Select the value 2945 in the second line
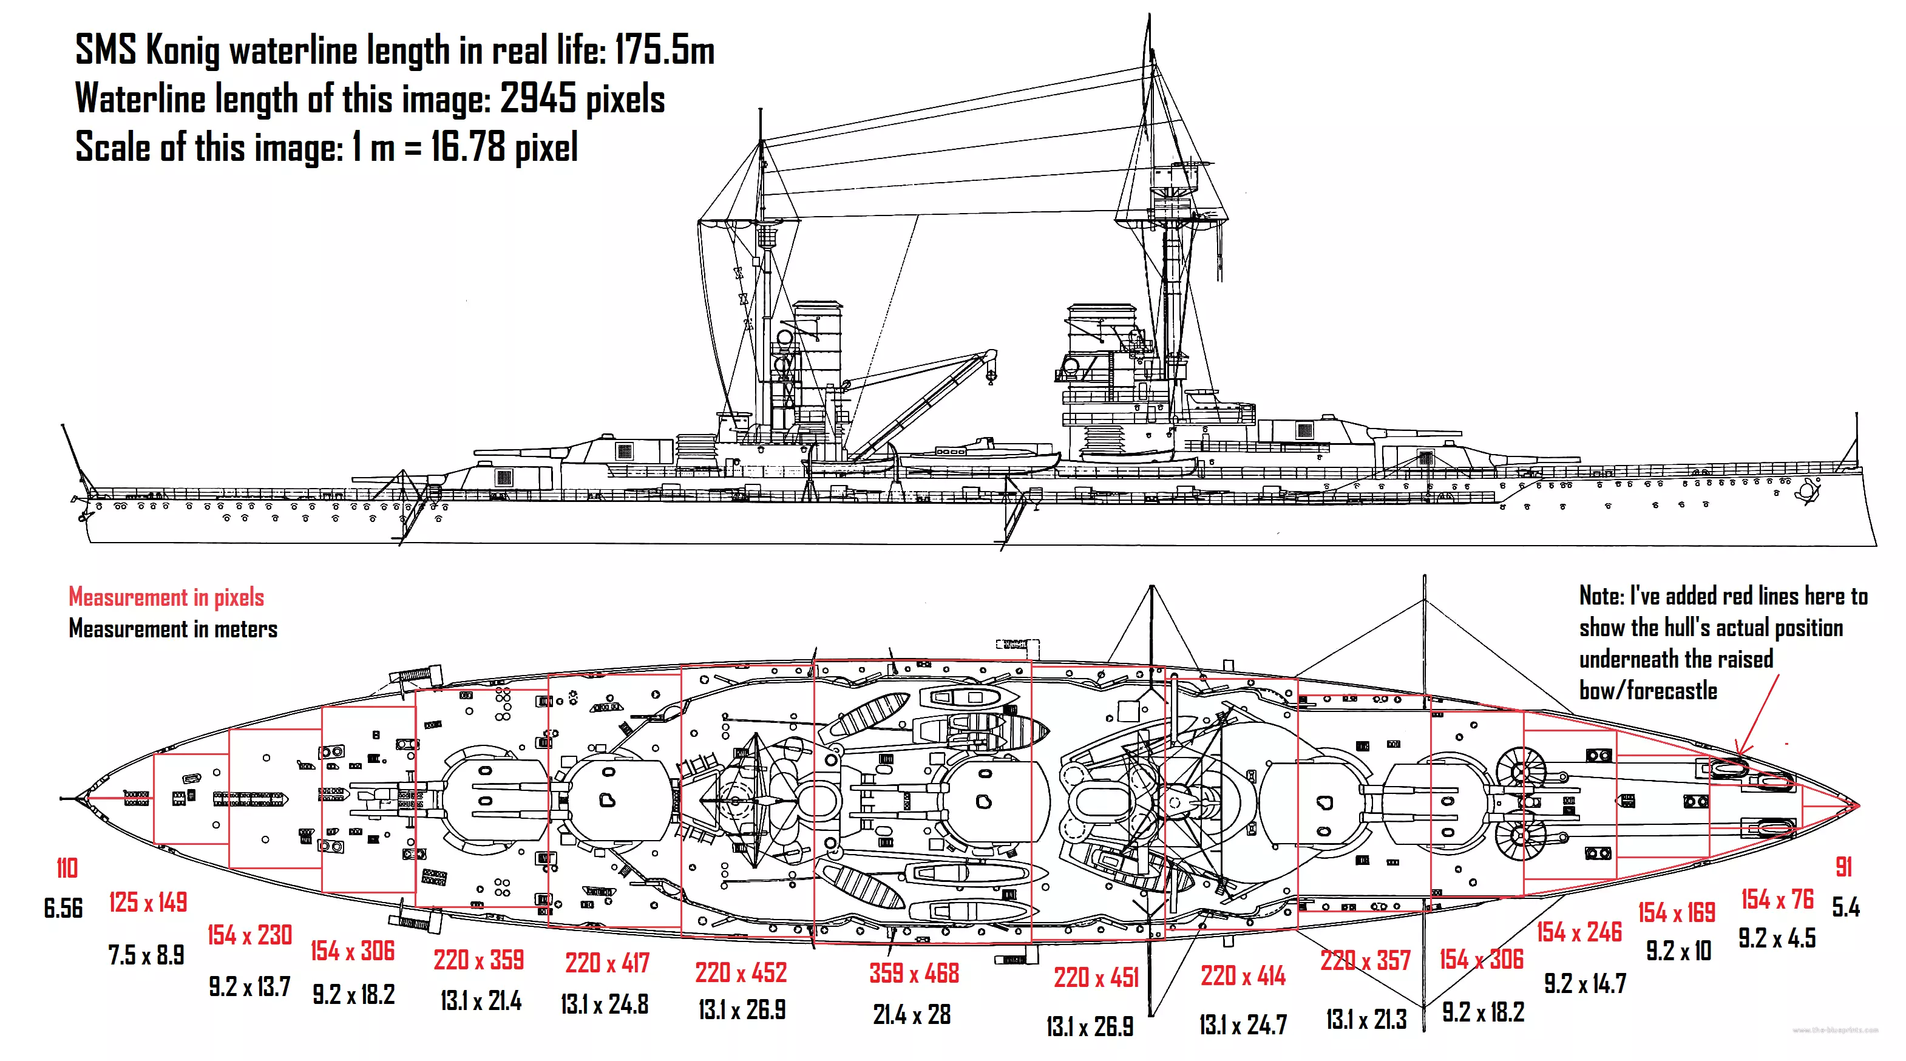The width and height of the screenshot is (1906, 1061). pos(538,98)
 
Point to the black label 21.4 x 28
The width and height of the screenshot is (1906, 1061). pos(912,1014)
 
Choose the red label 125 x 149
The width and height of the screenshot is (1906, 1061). pos(148,902)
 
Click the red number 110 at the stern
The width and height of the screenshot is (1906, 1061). pos(67,868)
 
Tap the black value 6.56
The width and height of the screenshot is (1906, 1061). pos(63,908)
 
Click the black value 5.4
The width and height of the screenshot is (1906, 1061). pos(1845,907)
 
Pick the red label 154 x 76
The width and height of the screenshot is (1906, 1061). pos(1777,899)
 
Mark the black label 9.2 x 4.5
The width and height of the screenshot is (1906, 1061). pos(1777,938)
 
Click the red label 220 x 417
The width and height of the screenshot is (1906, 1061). pos(607,963)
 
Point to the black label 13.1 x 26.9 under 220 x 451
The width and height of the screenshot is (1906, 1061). pos(1089,1026)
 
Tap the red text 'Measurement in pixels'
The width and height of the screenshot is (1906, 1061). pos(166,597)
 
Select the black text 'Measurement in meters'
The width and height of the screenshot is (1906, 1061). pos(173,629)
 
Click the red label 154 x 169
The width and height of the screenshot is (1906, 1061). pos(1676,912)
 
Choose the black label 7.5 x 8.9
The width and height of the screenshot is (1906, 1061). pos(146,955)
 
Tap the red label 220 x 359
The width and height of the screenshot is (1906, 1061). pos(479,960)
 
